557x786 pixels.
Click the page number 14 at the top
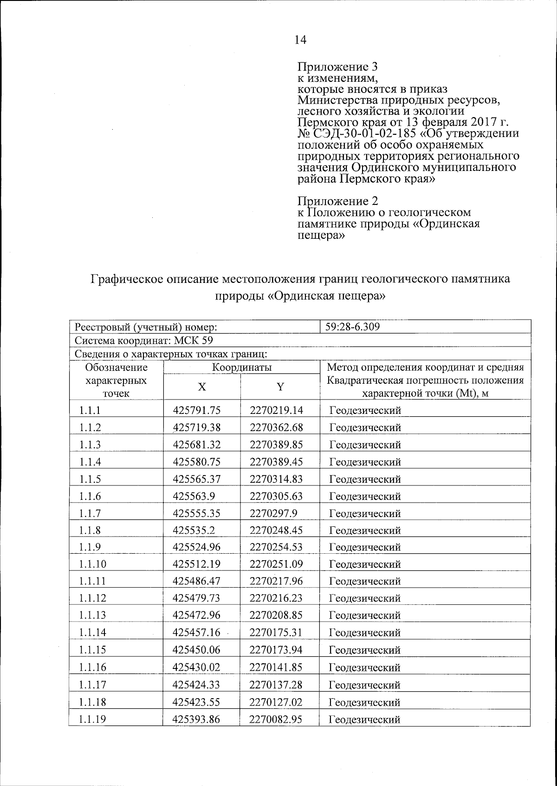[x=300, y=40]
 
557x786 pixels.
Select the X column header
[x=201, y=387]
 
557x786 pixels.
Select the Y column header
[x=280, y=387]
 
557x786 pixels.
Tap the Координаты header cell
[x=241, y=367]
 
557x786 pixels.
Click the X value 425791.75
[x=196, y=410]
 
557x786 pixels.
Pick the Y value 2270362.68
[x=276, y=427]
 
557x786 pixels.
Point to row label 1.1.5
[x=90, y=479]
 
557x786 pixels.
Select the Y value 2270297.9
[x=273, y=513]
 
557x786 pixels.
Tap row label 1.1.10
[x=93, y=564]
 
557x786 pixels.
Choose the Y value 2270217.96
[x=276, y=581]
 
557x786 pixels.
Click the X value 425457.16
[x=196, y=632]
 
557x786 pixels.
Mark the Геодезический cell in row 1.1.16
[x=365, y=668]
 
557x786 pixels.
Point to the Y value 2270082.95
[x=276, y=719]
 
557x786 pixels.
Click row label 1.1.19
[x=93, y=719]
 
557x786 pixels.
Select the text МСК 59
[x=194, y=341]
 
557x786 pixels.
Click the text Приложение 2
[x=337, y=201]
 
